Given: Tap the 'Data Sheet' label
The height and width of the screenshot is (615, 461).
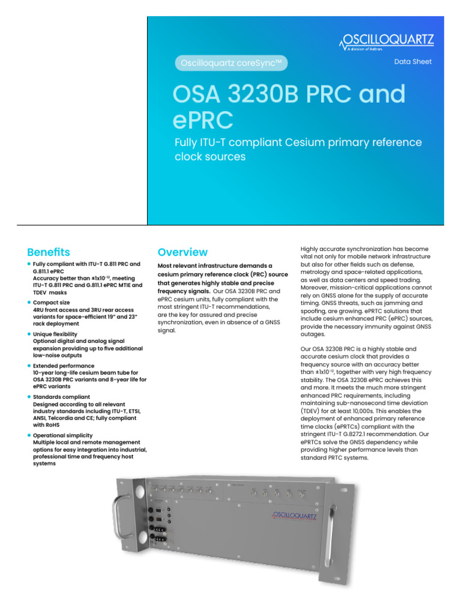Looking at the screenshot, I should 412,62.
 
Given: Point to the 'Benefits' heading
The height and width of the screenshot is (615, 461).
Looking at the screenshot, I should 49,252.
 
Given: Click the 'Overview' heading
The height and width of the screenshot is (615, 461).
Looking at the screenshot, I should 182,252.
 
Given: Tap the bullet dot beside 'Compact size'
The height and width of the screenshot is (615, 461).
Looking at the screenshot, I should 29,302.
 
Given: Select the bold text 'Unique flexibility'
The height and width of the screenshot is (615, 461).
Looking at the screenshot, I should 55,333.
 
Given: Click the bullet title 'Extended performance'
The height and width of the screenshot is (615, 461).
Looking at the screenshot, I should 64,365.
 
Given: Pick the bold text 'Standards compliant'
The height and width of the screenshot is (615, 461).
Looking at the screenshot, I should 62,396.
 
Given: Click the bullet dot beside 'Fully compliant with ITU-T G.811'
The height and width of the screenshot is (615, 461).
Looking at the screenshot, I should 29,264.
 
